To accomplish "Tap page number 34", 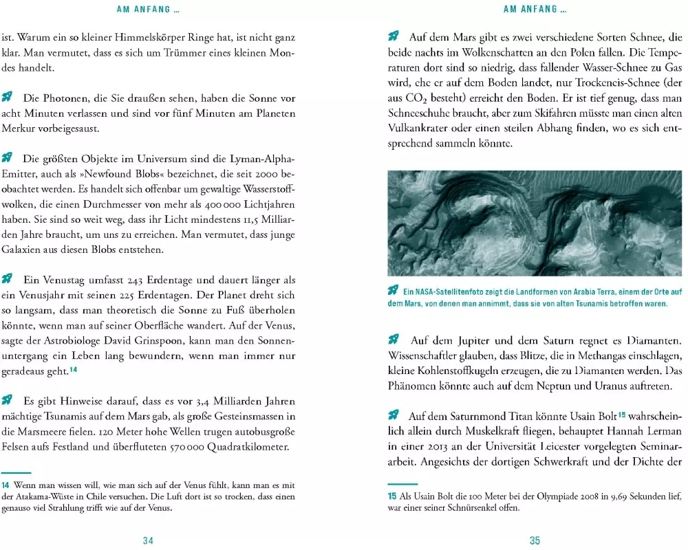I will click(148, 540).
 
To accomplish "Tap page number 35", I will click(535, 540).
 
